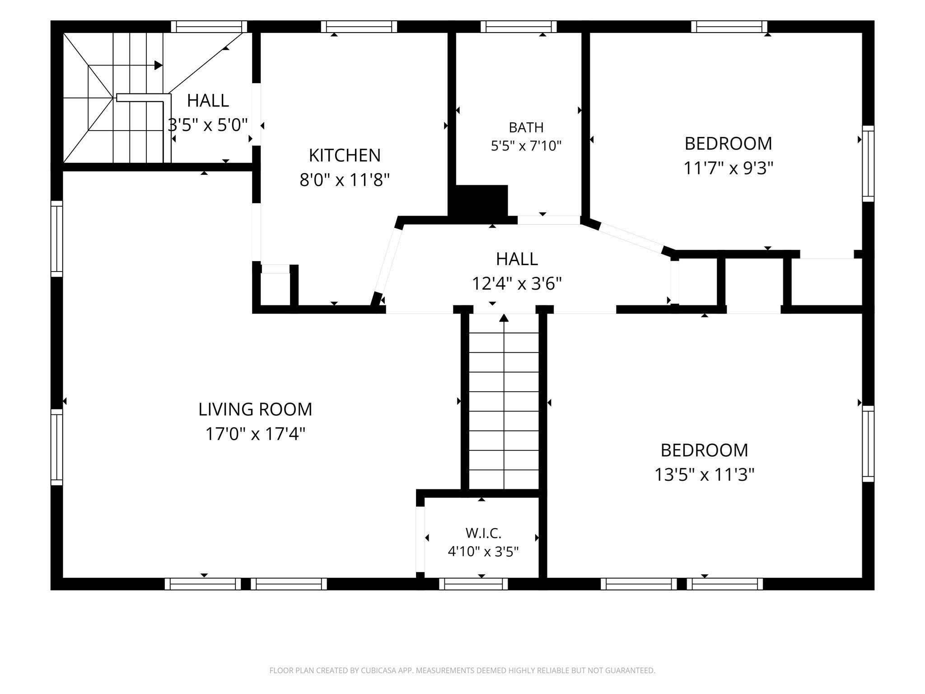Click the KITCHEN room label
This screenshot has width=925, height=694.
[345, 155]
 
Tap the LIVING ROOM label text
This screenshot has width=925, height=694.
[255, 409]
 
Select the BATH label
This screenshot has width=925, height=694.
[526, 128]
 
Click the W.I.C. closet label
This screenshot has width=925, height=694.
[483, 533]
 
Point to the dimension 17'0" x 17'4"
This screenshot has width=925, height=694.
[255, 434]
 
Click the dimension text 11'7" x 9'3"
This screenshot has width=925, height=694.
[729, 169]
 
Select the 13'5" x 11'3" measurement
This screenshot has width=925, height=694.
[705, 475]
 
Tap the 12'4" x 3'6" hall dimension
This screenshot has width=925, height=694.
[517, 284]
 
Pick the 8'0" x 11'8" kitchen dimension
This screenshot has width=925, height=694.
[345, 180]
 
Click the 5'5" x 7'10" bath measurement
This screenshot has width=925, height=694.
[526, 146]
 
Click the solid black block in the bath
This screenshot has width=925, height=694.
[481, 201]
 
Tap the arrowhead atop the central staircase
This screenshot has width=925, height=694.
[504, 318]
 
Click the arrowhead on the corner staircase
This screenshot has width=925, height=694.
[158, 65]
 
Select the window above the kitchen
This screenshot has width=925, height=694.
[359, 27]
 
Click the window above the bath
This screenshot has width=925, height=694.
[519, 27]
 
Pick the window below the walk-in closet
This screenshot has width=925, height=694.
[473, 584]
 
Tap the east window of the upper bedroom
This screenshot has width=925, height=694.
[868, 164]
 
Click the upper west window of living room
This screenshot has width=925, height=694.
[56, 239]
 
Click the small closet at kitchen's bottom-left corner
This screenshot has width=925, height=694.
[276, 289]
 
